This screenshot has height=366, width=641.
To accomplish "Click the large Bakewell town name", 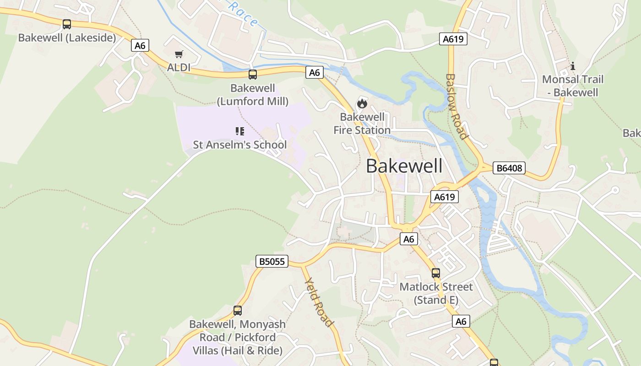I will click(404, 166).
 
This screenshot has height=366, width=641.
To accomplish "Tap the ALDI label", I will click(179, 68).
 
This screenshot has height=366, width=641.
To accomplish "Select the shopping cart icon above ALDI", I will click(179, 54).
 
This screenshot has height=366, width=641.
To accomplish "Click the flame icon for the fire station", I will click(362, 103).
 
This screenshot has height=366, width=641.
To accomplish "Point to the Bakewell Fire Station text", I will click(362, 124).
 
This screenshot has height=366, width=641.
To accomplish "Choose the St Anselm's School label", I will click(239, 145).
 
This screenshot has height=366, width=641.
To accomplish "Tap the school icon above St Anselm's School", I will click(240, 131).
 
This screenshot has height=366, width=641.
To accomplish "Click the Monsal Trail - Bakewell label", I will click(573, 86).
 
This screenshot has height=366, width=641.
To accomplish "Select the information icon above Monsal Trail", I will click(573, 66).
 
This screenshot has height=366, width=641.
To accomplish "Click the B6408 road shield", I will click(509, 168).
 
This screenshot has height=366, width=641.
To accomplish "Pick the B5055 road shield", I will click(272, 262).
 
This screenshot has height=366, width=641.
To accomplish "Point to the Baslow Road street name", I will click(456, 106).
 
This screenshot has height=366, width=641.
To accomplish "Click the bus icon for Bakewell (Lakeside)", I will click(67, 24).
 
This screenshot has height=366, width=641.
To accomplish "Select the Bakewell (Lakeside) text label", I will click(67, 38).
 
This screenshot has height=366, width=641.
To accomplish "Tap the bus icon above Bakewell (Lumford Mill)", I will click(253, 74).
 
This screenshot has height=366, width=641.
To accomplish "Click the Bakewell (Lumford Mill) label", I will click(253, 94).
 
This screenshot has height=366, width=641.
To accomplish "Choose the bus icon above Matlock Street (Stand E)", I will click(436, 273).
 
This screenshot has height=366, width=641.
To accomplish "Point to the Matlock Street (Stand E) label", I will click(436, 293).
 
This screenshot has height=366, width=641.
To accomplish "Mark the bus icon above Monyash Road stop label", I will click(238, 311).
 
